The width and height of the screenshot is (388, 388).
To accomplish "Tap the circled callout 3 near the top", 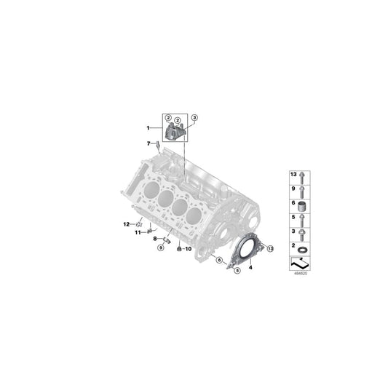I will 194,117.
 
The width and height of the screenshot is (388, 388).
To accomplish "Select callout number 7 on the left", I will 148,143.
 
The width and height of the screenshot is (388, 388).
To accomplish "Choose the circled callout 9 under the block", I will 160,248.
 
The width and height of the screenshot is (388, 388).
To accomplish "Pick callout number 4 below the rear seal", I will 252,267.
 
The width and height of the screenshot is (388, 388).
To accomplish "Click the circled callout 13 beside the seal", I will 270,248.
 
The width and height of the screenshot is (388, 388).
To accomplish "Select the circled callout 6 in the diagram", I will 218,259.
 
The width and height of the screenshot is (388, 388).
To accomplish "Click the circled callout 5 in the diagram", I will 237,271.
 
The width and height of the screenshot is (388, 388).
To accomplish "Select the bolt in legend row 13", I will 301,176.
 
